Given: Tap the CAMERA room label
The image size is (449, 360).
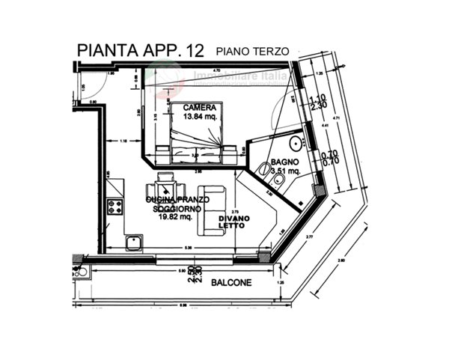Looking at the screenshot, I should [195, 108].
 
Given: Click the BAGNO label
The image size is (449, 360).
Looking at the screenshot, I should [284, 162].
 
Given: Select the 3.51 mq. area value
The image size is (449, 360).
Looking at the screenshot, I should [284, 171].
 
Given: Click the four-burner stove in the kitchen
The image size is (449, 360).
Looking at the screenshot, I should [116, 205].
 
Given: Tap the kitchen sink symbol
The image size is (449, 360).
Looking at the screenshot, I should [135, 241].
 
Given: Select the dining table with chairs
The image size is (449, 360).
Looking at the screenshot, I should [165, 184].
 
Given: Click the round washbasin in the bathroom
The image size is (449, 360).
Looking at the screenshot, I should [295, 142].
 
